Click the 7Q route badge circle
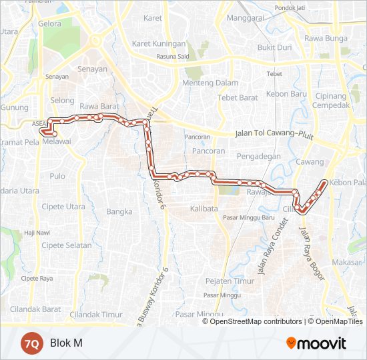pyautogui.click(x=31, y=343)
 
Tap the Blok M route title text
pyautogui.click(x=66, y=343)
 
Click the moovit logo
pyautogui.click(x=316, y=343)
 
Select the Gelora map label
pyautogui.click(x=50, y=23)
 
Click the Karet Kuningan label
pyautogui.click(x=159, y=43)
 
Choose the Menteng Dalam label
pyautogui.click(x=211, y=83)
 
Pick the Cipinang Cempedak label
pyautogui.click(x=331, y=100)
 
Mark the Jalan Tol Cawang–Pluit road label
pyautogui.click(x=274, y=134)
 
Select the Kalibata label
pyautogui.click(x=204, y=209)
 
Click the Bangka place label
pyautogui.click(x=119, y=212)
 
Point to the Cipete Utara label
pyautogui.click(x=63, y=207)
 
